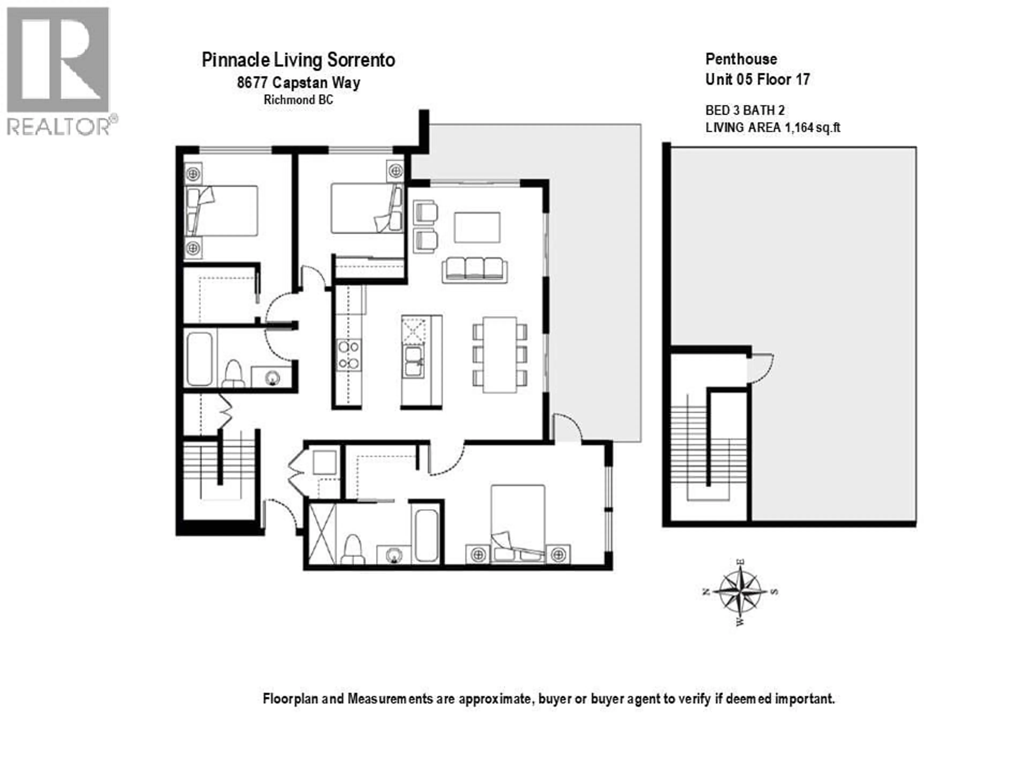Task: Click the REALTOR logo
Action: (58, 70)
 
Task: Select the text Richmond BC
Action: (298, 100)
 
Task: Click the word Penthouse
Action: (741, 59)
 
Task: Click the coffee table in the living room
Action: (477, 228)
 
